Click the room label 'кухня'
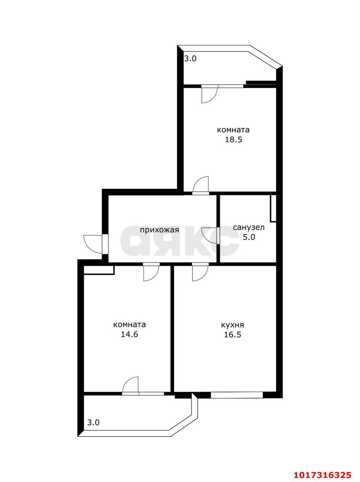coord(232,325)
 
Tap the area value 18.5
coord(233,140)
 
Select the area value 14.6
coord(130,334)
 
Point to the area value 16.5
coord(232,334)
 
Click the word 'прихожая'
coord(160,230)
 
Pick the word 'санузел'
coord(249,227)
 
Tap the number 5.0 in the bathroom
coord(249,237)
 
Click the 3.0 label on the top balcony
coord(190,59)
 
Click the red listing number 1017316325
coord(323,467)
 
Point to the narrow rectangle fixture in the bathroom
coord(273,208)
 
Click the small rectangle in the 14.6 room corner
coord(99,270)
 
